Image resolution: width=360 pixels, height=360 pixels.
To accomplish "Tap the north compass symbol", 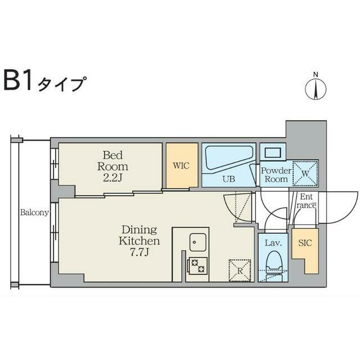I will (316, 88).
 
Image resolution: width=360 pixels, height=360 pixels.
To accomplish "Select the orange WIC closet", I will (182, 165).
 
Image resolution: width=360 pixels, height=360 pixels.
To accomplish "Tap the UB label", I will (228, 179).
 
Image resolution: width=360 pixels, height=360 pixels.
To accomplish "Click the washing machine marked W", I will (305, 172).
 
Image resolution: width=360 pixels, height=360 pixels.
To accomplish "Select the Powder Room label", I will (276, 174).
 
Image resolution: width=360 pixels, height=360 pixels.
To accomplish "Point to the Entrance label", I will (307, 201).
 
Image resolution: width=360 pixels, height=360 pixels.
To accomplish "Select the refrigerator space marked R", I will (238, 269).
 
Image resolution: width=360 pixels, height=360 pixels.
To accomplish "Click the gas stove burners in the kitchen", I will (198, 265).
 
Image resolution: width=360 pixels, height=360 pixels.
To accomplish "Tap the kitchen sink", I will (198, 241).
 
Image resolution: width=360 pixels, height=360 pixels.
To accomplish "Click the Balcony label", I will (34, 213).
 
